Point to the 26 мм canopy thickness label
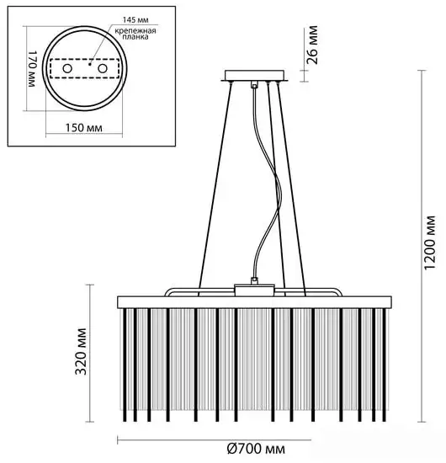313,41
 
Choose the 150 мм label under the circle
83,130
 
